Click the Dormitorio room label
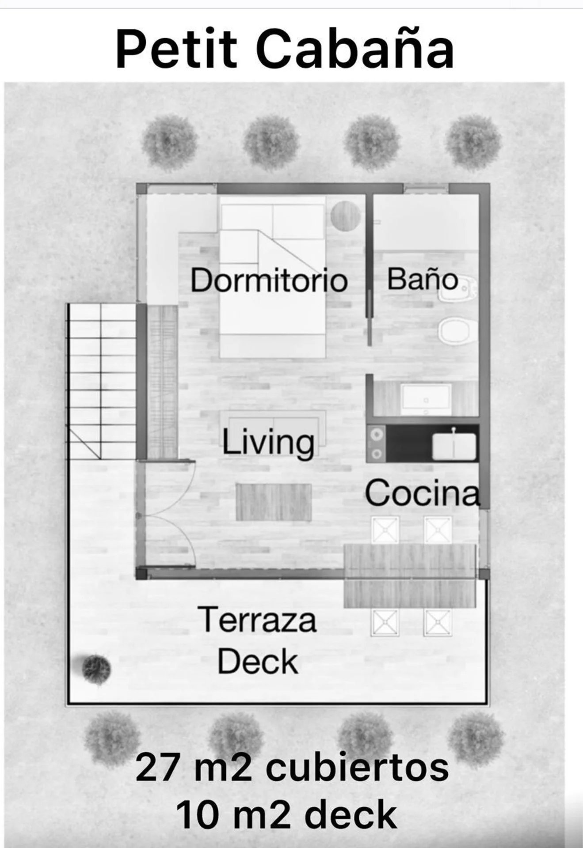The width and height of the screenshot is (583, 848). coord(269,280)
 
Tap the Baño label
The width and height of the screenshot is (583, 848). coord(422,279)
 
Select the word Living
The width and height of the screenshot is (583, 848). coord(268,442)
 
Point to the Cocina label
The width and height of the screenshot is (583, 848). coord(423,493)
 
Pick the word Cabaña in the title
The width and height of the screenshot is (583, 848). coord(355,48)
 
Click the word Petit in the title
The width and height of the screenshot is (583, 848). coord(177,48)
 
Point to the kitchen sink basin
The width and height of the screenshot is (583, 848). coord(454,446)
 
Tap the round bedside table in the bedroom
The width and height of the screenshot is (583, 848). coord(346,216)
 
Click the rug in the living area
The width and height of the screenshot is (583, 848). coord(274,502)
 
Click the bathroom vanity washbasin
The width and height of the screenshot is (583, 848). coord(426,399)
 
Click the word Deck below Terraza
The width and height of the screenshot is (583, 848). coord(258,662)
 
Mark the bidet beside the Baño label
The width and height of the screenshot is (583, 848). coord(455,291)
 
